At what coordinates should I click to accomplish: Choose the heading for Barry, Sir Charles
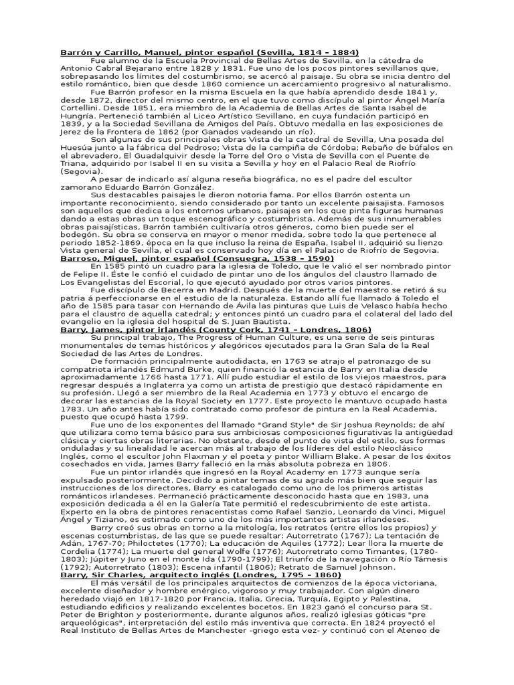click(201, 575)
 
